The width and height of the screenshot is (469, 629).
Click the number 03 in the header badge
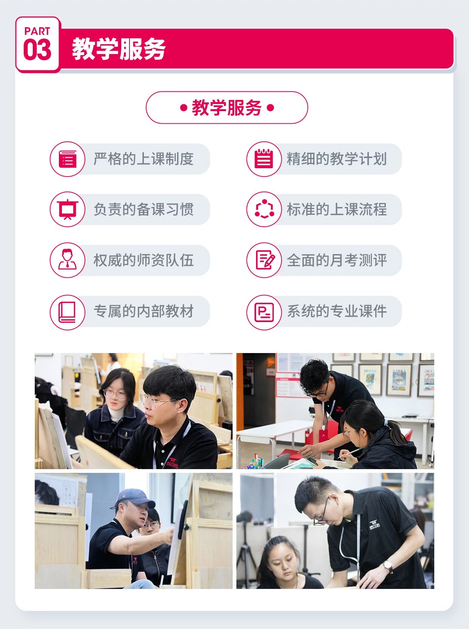(x=37, y=50)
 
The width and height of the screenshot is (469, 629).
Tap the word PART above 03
(x=37, y=31)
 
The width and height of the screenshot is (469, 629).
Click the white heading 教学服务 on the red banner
(x=119, y=49)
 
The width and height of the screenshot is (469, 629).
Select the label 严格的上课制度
(x=143, y=159)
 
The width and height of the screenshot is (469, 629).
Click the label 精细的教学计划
(x=337, y=159)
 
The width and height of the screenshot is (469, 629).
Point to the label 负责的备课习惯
(x=143, y=209)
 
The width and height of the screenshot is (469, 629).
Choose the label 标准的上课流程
(x=337, y=209)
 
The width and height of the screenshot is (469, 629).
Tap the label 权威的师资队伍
(x=143, y=260)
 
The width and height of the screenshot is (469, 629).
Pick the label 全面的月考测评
(x=337, y=260)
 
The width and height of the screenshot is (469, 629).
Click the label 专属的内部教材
(x=143, y=311)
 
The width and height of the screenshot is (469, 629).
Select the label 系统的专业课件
(x=337, y=311)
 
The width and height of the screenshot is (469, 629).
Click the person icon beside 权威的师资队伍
(x=68, y=260)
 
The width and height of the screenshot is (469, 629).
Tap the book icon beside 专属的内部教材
(x=67, y=312)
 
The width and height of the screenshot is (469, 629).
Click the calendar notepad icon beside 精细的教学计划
(x=264, y=158)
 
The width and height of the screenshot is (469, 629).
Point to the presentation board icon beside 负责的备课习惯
(x=68, y=209)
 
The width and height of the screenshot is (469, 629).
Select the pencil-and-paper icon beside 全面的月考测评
(x=265, y=260)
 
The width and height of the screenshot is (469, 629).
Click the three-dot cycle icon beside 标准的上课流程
(x=264, y=209)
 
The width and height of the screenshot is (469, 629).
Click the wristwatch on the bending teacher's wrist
(x=388, y=565)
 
